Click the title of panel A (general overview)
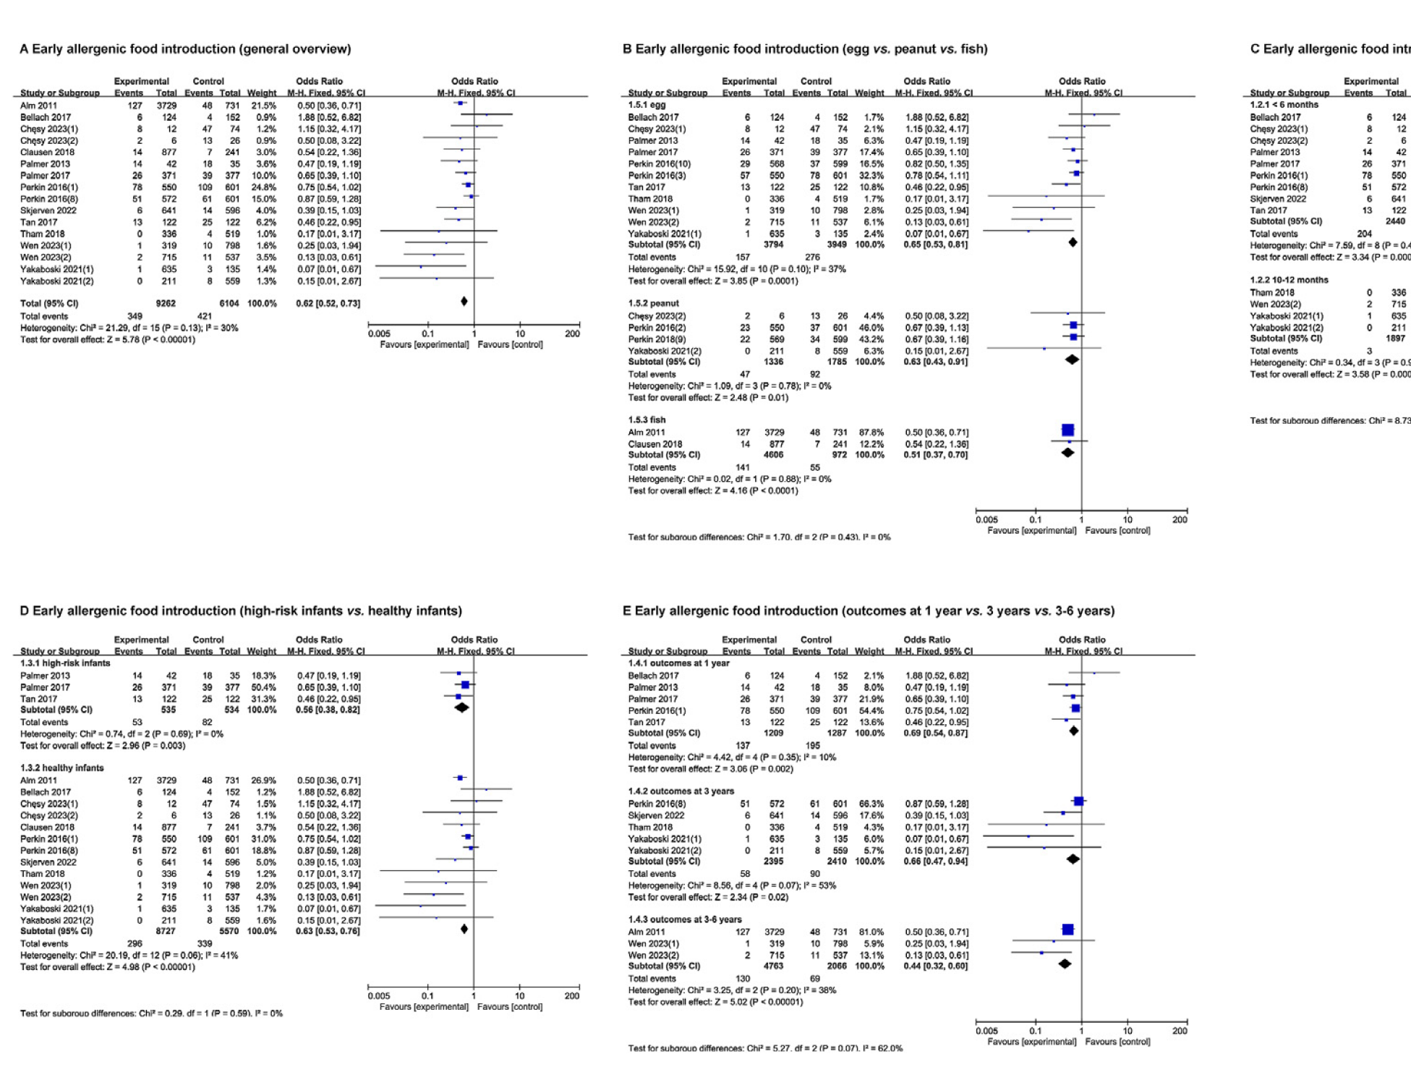[185, 49]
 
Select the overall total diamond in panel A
[464, 302]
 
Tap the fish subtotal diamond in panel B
[1067, 453]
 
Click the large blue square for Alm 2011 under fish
[1067, 430]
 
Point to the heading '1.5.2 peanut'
[653, 303]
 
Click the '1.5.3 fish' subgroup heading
[647, 420]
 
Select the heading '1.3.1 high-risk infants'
[65, 663]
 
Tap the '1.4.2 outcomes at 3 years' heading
[681, 791]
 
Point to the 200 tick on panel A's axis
[572, 333]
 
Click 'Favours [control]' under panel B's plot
[1117, 530]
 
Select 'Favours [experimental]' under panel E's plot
[1031, 1042]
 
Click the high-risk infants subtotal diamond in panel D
[461, 707]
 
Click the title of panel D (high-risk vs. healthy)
[241, 611]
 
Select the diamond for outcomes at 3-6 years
[1065, 964]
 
